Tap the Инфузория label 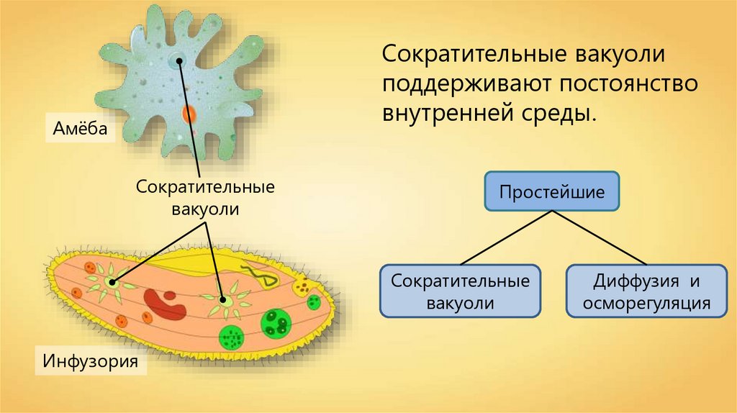coord(90,359)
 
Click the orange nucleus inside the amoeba coord(189,114)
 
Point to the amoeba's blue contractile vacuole coord(175,61)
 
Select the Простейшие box coord(551,191)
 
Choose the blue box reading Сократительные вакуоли coord(461,291)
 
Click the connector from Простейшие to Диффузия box coord(597,238)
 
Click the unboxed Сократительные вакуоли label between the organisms coord(206,197)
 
